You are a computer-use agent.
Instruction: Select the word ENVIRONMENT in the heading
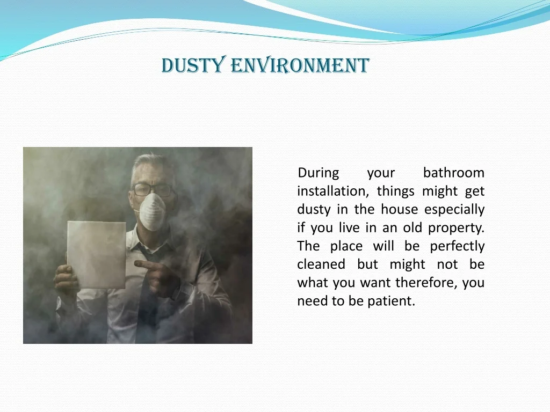pos(300,65)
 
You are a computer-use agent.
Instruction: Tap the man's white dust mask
pos(152,211)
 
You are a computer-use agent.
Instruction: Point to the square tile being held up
pos(97,255)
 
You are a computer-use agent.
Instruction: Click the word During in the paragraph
pos(319,173)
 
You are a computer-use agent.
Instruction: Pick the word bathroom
pos(454,173)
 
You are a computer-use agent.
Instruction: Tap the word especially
pos(454,210)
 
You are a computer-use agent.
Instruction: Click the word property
pos(456,228)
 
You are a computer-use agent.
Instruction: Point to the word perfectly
pos(457,246)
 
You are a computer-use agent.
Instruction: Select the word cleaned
pos(321,264)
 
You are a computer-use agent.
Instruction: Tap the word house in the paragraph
pos(400,210)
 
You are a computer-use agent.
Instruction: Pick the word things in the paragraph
pos(395,192)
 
